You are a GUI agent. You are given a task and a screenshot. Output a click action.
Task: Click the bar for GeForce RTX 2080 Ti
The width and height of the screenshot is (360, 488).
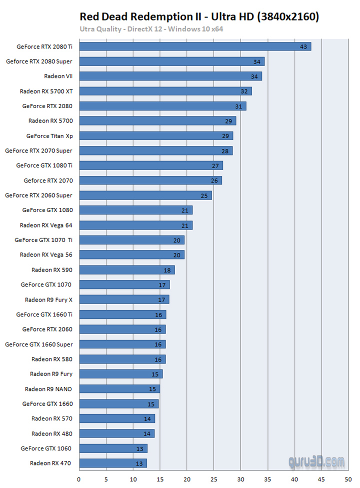(195, 46)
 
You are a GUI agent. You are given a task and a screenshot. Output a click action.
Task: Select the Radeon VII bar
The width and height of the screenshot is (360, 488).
(170, 76)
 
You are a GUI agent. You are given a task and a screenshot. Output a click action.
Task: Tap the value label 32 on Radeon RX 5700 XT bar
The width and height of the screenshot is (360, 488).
(244, 91)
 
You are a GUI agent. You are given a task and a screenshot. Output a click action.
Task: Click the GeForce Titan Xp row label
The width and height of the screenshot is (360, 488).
(49, 135)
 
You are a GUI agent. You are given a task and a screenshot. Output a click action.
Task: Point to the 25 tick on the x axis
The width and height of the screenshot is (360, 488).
(214, 478)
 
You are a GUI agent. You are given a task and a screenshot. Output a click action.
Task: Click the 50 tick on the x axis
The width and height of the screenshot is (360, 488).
(348, 478)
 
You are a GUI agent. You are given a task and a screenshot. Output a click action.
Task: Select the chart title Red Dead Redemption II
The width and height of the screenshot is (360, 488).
(199, 17)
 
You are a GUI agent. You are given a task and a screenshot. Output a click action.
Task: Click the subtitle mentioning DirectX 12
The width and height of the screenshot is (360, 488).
(151, 28)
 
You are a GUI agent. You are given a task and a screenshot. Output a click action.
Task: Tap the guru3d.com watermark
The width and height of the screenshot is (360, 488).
(316, 461)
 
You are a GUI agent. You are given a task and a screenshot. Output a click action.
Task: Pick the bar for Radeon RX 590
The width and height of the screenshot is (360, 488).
(127, 270)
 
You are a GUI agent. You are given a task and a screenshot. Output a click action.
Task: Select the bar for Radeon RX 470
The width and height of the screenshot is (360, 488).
(113, 463)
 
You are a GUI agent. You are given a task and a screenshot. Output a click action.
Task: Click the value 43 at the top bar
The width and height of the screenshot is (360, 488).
(303, 46)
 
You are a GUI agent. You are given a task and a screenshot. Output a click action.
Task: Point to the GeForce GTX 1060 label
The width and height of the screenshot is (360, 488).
(46, 448)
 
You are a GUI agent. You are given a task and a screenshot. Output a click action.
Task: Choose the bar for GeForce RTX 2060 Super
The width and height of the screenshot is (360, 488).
(145, 195)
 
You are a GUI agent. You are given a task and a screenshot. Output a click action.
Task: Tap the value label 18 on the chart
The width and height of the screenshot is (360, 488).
(167, 270)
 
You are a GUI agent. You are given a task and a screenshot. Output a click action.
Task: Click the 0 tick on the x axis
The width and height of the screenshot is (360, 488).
(79, 478)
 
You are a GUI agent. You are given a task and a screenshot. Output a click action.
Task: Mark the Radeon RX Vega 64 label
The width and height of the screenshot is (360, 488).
(46, 225)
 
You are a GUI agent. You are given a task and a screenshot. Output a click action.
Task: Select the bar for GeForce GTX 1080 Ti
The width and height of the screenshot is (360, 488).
(151, 165)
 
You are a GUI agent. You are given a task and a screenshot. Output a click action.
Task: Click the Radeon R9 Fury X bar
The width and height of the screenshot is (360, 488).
(124, 299)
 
